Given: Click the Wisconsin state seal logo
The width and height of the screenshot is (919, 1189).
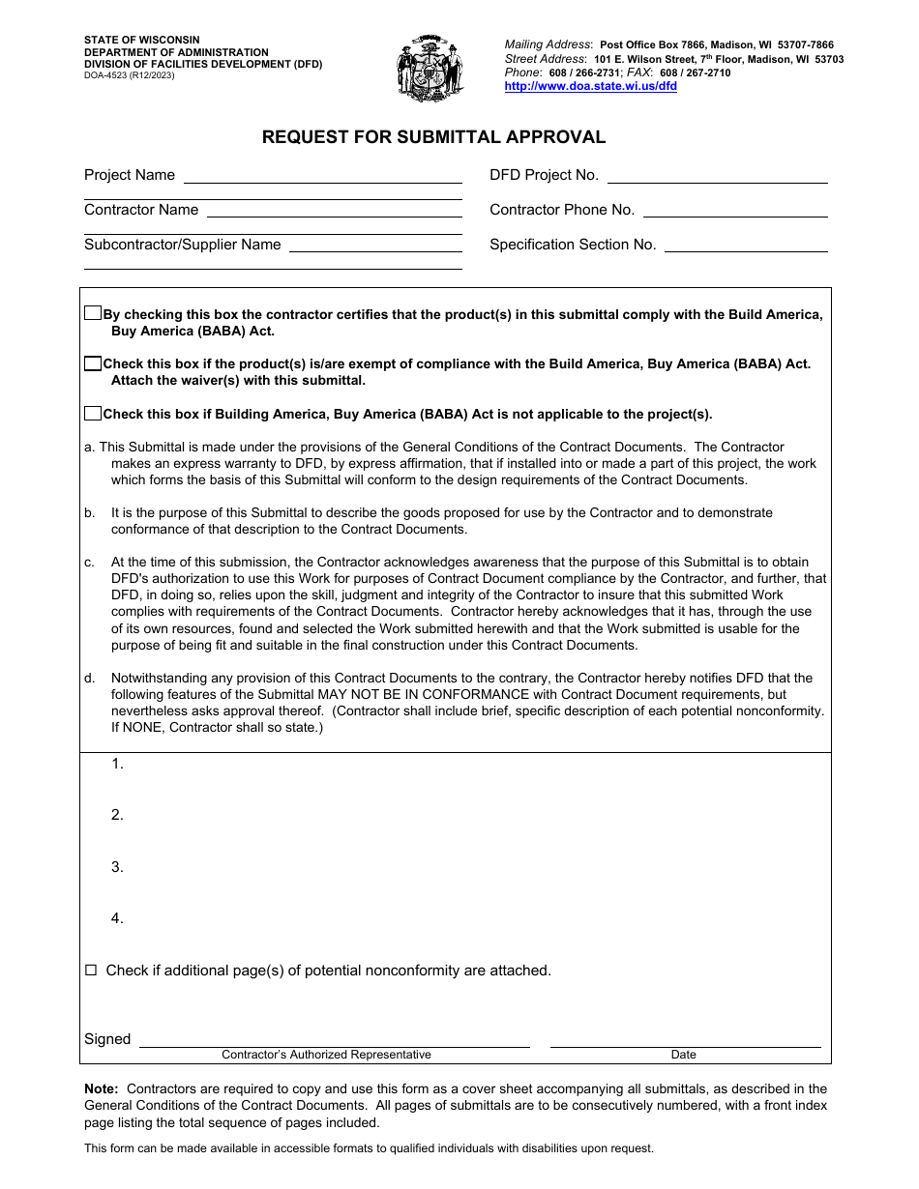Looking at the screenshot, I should pos(430,69).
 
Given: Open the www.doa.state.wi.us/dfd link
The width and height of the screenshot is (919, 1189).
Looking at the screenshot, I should pos(590,86).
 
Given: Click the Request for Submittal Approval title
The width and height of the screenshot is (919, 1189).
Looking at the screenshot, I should pos(433,137).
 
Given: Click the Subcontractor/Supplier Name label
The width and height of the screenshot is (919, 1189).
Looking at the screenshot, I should pos(182,246).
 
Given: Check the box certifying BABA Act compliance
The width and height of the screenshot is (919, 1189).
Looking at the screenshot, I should pos(92,313).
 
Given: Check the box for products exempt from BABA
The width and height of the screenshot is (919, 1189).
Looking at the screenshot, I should pos(92,363).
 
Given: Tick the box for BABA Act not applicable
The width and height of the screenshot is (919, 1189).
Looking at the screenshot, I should pos(92,414).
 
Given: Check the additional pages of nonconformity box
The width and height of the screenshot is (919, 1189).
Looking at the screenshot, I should pos(91,971).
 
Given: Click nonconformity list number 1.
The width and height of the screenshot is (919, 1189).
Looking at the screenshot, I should pos(117,764).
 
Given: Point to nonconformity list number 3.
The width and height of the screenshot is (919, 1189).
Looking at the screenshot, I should pos(117,867).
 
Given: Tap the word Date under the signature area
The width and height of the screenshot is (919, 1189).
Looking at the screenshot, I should pos(683,1055).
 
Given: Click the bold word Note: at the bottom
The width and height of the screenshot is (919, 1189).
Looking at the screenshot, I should pos(101,1088).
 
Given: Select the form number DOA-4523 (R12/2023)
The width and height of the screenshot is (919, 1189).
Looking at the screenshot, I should pos(129,75).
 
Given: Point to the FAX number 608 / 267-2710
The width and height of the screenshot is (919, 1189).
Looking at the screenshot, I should pos(695,72).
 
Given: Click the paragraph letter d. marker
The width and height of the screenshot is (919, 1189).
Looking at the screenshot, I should pos(89,679).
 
